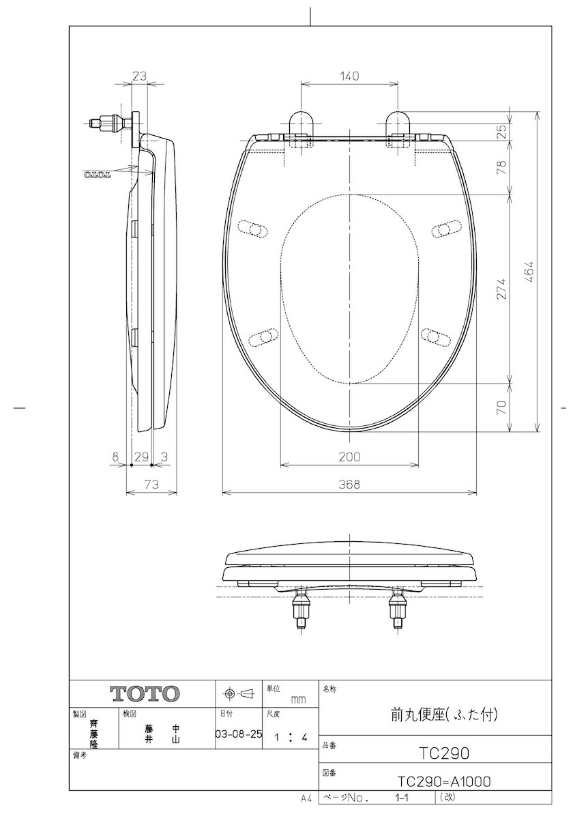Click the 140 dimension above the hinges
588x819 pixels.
click(349, 76)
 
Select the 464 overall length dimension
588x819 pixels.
click(530, 271)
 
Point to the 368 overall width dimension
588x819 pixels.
click(349, 485)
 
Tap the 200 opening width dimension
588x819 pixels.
click(349, 457)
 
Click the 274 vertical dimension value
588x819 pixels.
click(503, 289)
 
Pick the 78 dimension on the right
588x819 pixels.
click(503, 167)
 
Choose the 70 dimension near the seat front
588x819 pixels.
click(503, 407)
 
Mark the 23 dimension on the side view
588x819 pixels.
click(139, 76)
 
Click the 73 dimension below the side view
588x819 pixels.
click(151, 485)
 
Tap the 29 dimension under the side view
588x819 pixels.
click(142, 457)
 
